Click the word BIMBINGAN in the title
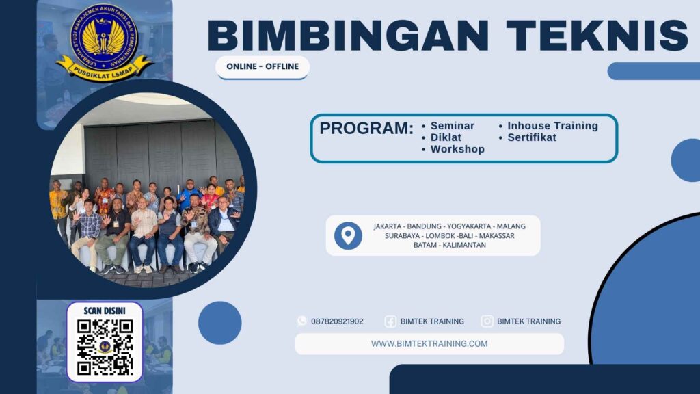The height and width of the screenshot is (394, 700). pyautogui.click(x=334, y=35)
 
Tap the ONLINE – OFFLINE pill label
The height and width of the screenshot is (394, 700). pyautogui.click(x=262, y=67)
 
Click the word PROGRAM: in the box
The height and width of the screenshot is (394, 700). pyautogui.click(x=366, y=129)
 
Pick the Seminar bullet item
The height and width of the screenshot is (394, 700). pyautogui.click(x=452, y=126)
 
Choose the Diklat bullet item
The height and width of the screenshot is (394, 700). pyautogui.click(x=446, y=137)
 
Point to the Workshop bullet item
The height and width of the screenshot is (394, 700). pyautogui.click(x=457, y=149)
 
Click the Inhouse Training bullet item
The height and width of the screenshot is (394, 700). pyautogui.click(x=552, y=126)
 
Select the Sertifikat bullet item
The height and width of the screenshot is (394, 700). pyautogui.click(x=532, y=137)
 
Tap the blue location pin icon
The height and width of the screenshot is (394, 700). pyautogui.click(x=348, y=235)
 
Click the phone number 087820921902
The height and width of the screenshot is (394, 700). pyautogui.click(x=337, y=321)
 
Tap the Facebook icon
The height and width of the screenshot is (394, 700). pyautogui.click(x=390, y=321)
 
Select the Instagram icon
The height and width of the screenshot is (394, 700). pyautogui.click(x=487, y=321)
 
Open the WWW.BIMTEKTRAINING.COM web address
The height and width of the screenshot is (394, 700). pyautogui.click(x=429, y=344)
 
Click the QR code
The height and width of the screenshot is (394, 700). pyautogui.click(x=104, y=347)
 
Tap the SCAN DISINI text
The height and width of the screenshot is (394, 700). pyautogui.click(x=104, y=311)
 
